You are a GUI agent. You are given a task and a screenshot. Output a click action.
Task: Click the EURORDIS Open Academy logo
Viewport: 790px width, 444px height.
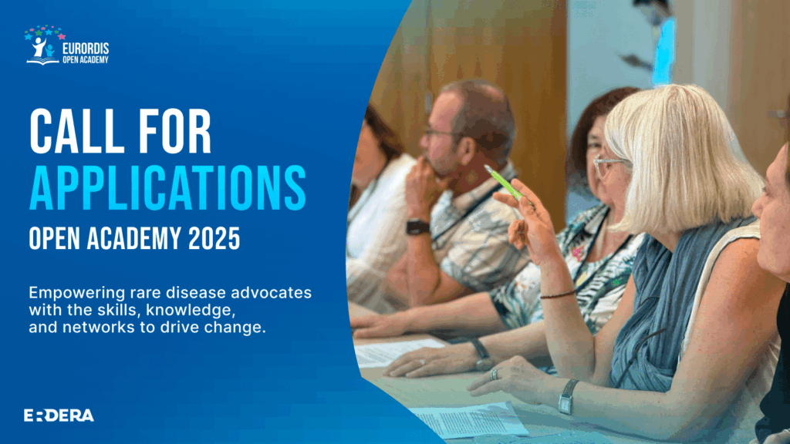[x=66, y=45]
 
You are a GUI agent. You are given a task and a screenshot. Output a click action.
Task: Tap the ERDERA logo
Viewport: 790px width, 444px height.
[x=59, y=415]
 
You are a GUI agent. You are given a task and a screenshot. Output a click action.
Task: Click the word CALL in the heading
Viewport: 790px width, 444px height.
[x=76, y=131]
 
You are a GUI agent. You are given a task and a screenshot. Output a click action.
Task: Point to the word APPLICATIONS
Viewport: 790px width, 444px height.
[x=167, y=188]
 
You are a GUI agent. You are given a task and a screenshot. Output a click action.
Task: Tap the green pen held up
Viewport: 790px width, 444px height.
[x=503, y=182]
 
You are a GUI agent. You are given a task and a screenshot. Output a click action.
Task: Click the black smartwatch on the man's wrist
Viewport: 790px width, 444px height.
[x=417, y=227]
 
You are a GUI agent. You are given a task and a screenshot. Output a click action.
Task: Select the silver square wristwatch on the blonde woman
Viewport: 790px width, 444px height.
[x=568, y=397]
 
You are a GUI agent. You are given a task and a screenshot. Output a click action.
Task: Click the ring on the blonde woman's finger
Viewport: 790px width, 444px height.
[x=495, y=375]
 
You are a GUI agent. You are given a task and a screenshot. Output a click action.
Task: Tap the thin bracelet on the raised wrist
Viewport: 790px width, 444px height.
[x=558, y=294]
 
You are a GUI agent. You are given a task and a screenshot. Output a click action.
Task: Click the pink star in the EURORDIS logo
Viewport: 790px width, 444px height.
[x=62, y=37]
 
